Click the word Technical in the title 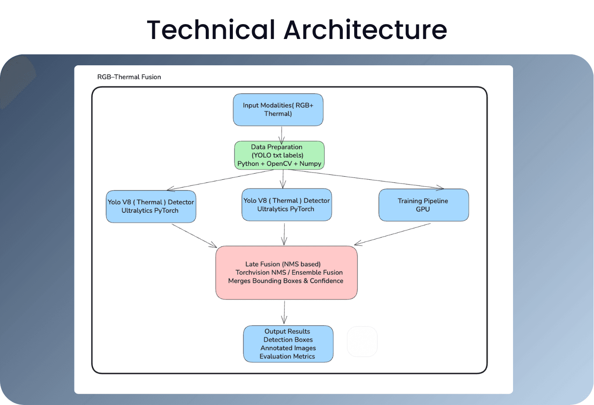click(x=211, y=30)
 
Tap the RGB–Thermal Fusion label click(x=129, y=77)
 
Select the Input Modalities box click(x=278, y=110)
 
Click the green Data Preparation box click(x=279, y=155)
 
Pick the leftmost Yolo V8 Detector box click(x=151, y=206)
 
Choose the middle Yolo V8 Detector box click(x=287, y=205)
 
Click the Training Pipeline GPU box click(x=423, y=205)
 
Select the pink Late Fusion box click(x=286, y=273)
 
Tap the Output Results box click(x=288, y=344)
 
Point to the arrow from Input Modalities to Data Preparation click(x=281, y=134)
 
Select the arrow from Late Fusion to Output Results click(x=285, y=312)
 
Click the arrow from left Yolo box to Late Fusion click(x=194, y=236)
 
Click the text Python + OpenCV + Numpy click(x=279, y=163)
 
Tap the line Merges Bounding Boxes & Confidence click(x=285, y=281)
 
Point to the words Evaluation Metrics click(x=287, y=356)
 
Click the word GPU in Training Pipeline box click(x=423, y=210)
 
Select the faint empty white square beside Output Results click(x=362, y=341)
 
